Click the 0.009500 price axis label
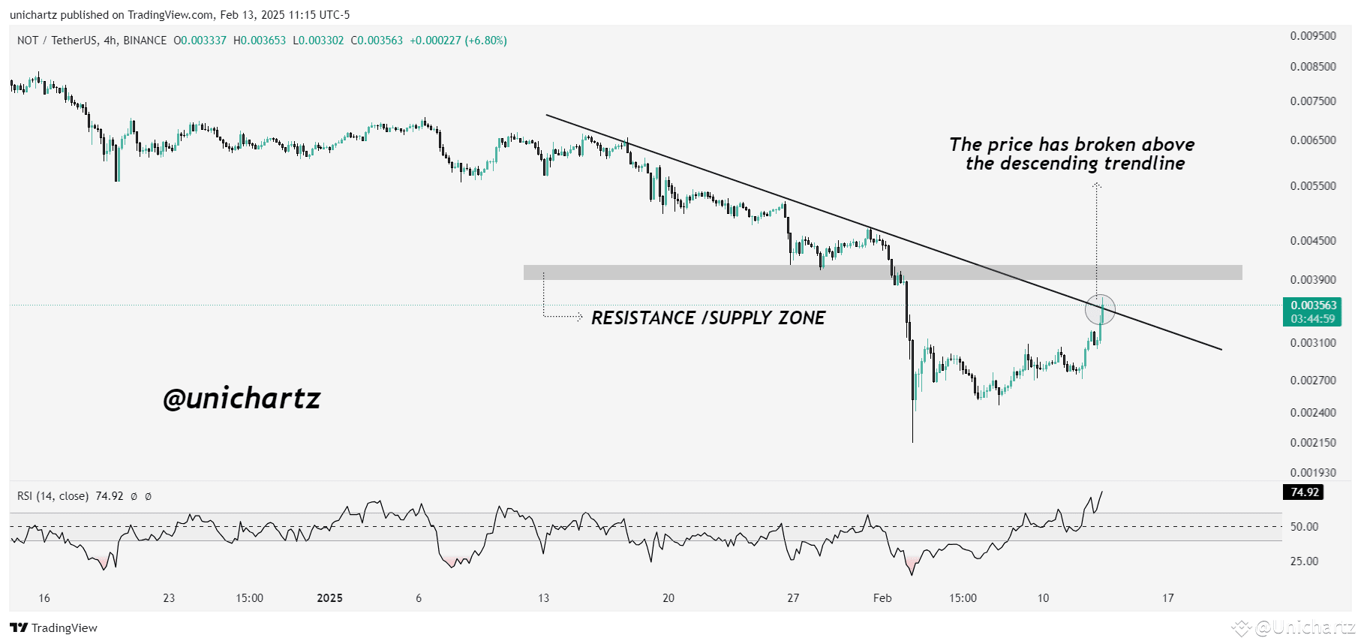coord(1312,36)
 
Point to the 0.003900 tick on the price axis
coord(1312,280)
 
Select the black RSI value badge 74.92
coord(1304,492)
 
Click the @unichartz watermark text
coord(242,399)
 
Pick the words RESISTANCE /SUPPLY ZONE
coord(708,318)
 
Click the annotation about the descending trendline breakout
coord(1072,154)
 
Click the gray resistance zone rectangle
coord(882,272)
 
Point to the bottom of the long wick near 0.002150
coord(912,441)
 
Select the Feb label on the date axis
coord(882,598)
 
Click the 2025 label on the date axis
coord(329,598)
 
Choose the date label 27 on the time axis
coord(793,598)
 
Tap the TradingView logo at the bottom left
coord(54,628)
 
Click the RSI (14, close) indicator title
coord(53,496)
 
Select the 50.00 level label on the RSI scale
coord(1304,527)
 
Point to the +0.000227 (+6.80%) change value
coord(458,41)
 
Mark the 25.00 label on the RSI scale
coord(1304,561)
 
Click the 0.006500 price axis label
coord(1312,140)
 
